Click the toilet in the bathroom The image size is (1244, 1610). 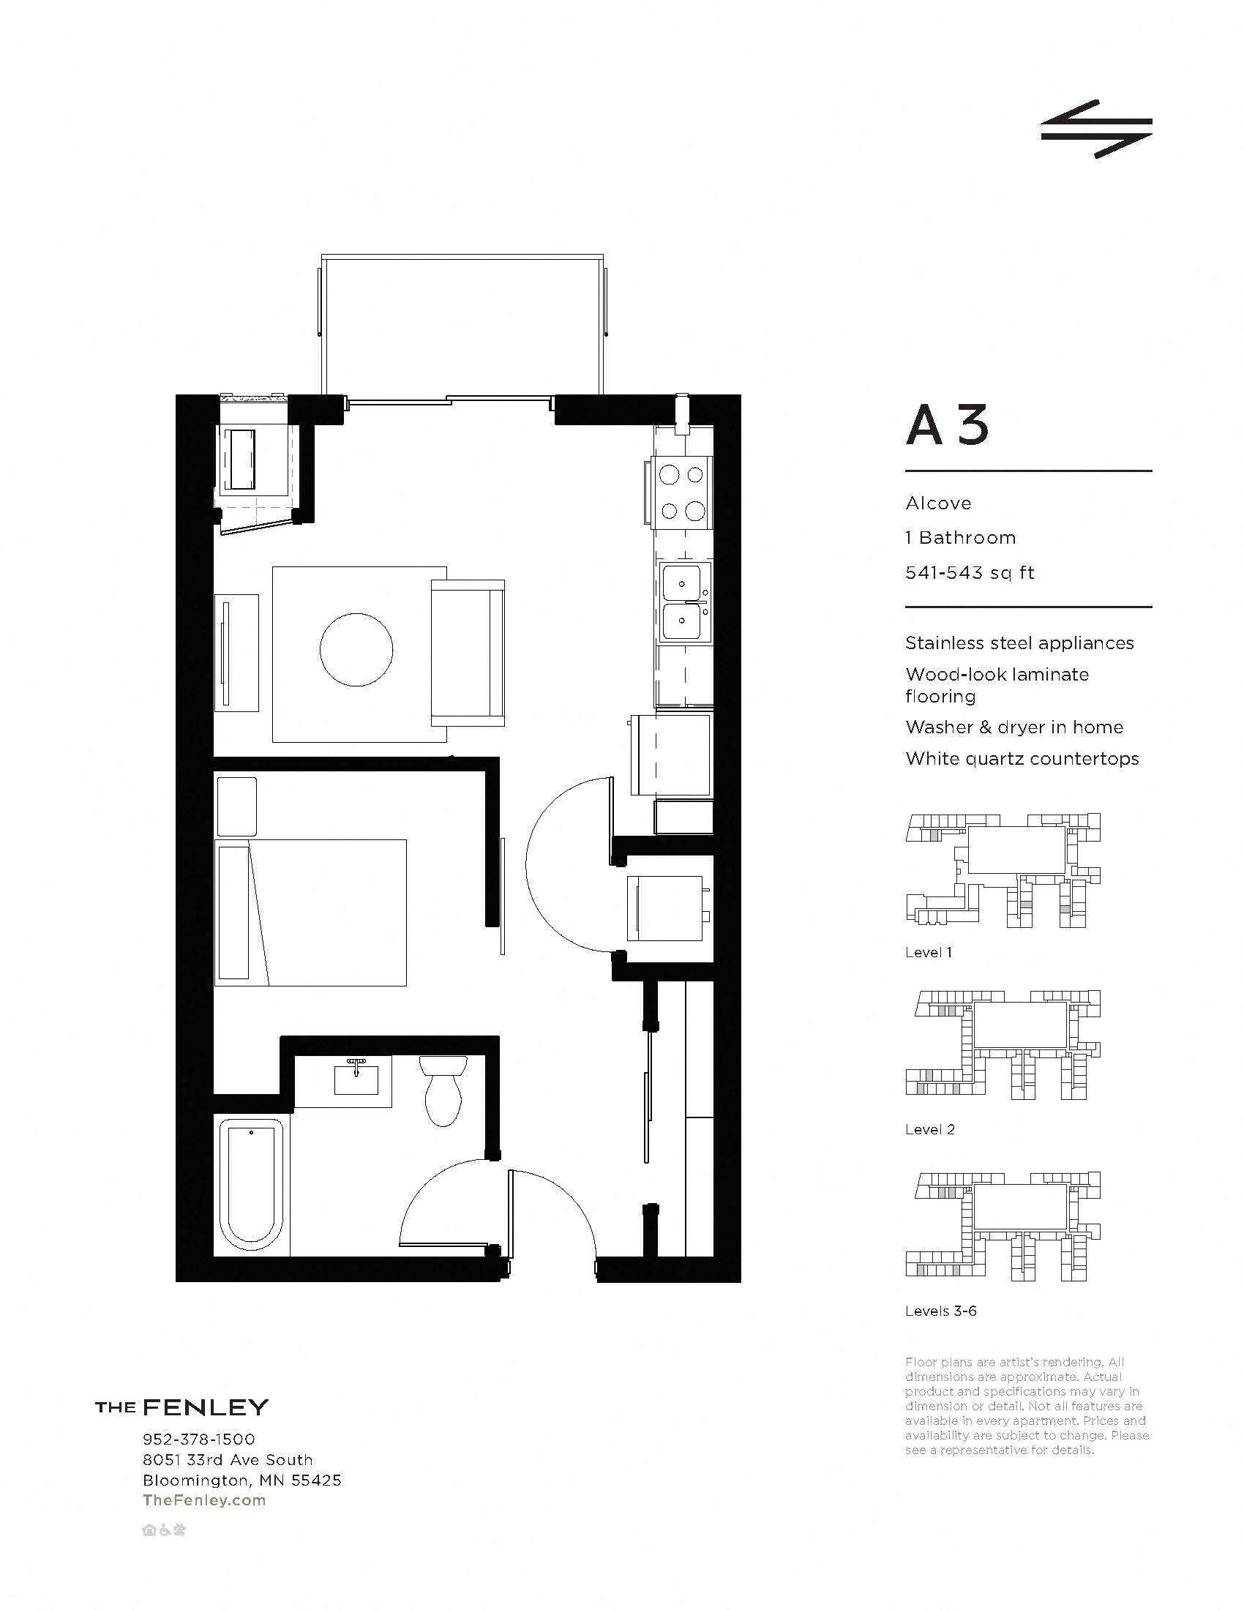coord(443,1093)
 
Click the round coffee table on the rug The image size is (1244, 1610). coord(356,649)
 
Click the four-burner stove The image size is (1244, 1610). coord(682,492)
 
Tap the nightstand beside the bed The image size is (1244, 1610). coord(236,806)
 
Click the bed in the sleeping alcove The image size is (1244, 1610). coord(310,912)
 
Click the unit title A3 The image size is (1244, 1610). coord(947,427)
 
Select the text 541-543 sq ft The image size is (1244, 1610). coord(969,573)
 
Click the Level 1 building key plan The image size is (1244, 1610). coord(1003,870)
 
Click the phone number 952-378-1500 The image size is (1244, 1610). coord(198,1439)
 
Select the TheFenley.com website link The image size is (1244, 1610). coord(204,1500)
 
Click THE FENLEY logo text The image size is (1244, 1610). coord(181,1407)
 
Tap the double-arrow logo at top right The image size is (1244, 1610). coord(1096,130)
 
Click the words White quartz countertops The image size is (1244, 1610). coord(1022,759)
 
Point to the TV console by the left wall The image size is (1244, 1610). coord(236,652)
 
